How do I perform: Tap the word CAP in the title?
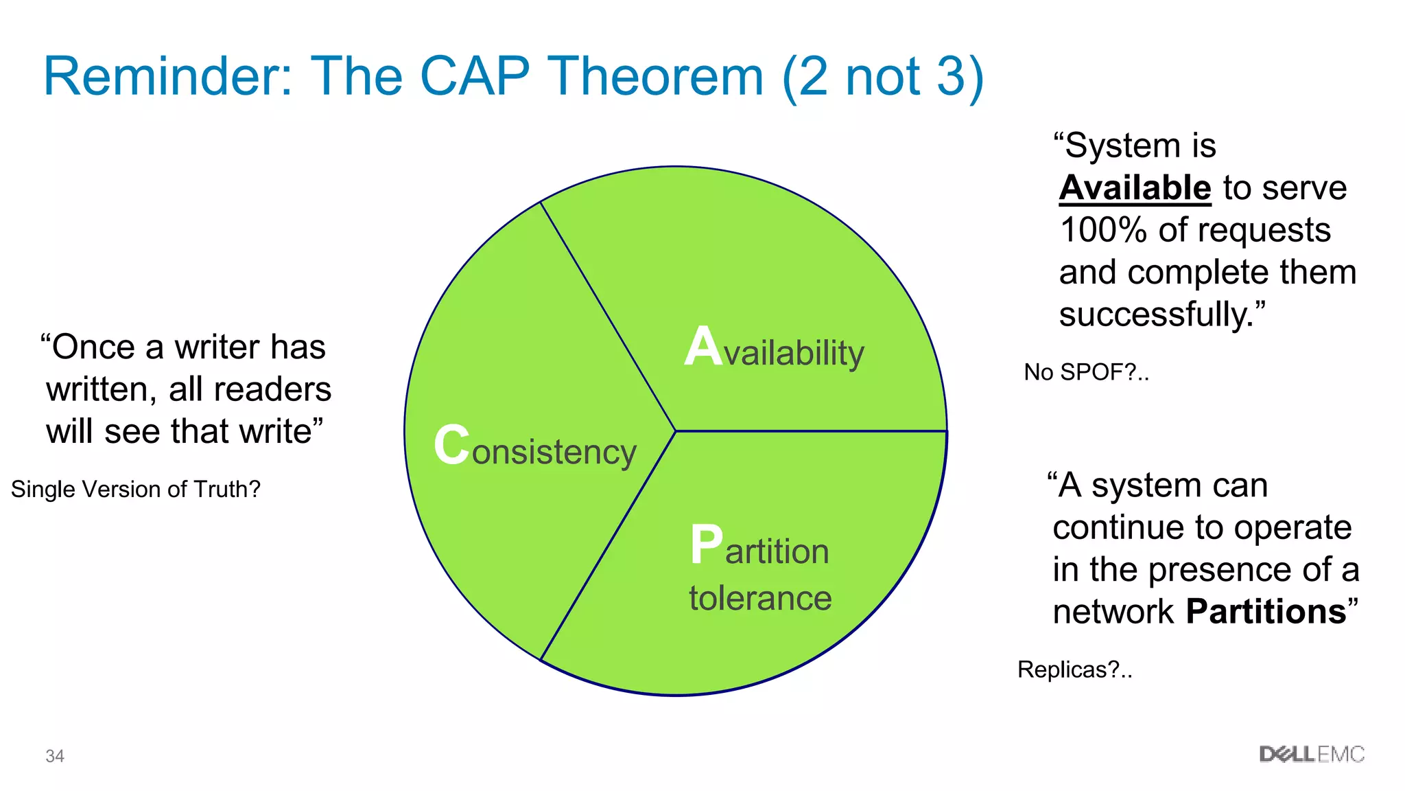(474, 76)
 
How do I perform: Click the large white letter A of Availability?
(703, 347)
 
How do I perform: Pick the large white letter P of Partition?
(707, 545)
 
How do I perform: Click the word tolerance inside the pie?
(760, 598)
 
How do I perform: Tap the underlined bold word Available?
(1135, 188)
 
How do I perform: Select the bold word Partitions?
(1266, 611)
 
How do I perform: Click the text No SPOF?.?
(1085, 372)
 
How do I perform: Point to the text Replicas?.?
(1074, 669)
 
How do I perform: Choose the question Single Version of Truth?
(136, 489)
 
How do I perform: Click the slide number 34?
(55, 756)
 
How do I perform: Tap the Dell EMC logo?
(1311, 755)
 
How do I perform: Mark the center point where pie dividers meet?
(676, 431)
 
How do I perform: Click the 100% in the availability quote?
(1102, 230)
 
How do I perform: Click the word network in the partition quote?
(1113, 611)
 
